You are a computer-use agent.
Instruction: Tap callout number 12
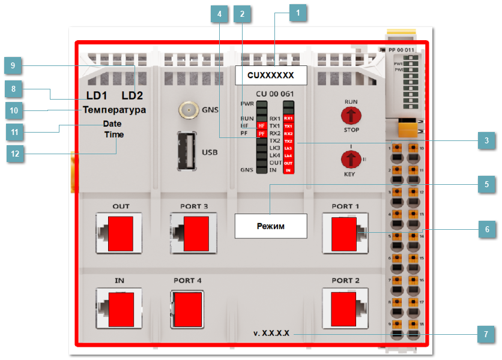[16, 154]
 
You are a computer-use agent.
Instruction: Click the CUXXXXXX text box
[270, 75]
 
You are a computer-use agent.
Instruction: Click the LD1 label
[96, 95]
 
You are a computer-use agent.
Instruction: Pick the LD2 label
[133, 95]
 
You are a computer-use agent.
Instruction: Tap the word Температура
[114, 110]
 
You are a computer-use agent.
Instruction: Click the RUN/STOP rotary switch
[351, 115]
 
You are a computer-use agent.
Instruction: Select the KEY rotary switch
[351, 159]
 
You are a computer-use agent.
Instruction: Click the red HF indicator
[261, 125]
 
